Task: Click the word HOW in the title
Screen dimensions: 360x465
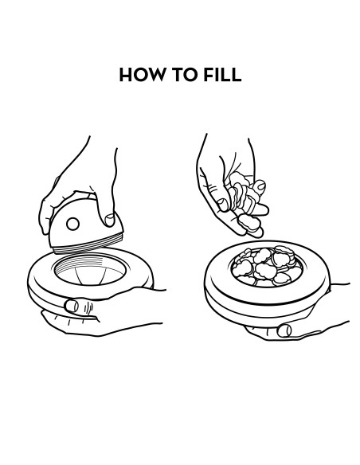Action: (x=142, y=74)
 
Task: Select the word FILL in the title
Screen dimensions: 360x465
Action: (x=222, y=74)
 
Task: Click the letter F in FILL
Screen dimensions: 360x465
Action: (x=208, y=74)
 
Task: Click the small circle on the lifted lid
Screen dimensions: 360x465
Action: (x=72, y=224)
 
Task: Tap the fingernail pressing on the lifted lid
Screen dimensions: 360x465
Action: (x=110, y=220)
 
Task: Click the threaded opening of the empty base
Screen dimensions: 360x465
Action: (x=90, y=269)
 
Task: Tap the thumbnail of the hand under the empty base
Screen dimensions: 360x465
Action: (x=72, y=306)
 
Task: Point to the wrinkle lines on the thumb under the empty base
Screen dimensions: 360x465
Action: (x=88, y=308)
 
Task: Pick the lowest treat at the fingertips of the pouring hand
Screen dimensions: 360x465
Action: (x=249, y=223)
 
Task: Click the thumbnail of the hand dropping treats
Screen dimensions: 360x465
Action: (x=223, y=205)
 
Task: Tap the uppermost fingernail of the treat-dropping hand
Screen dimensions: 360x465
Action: (x=260, y=186)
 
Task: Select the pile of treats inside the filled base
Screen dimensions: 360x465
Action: (x=266, y=266)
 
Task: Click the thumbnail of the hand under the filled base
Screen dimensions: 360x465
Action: (x=284, y=330)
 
